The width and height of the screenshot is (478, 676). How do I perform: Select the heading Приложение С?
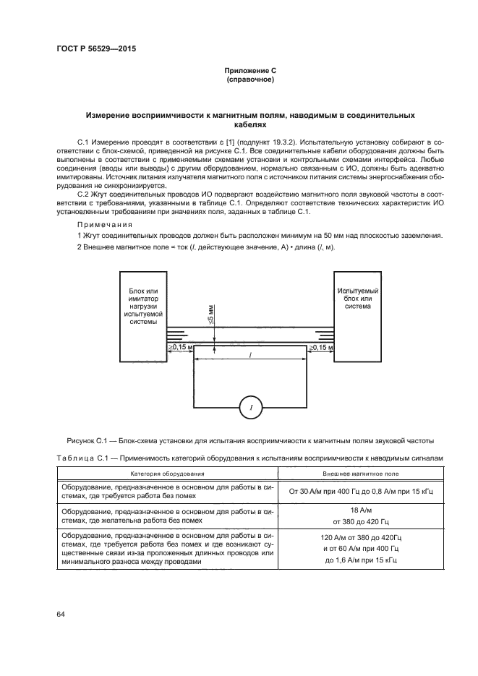pos(250,71)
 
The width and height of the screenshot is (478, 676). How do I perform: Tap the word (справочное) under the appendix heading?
pos(250,80)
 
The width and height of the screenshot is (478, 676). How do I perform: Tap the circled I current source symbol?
pos(250,408)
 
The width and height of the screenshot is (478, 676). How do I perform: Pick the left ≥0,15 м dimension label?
pos(181,348)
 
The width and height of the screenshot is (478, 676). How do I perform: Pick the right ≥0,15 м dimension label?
pos(321,348)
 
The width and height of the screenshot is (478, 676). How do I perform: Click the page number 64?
pos(61,614)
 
